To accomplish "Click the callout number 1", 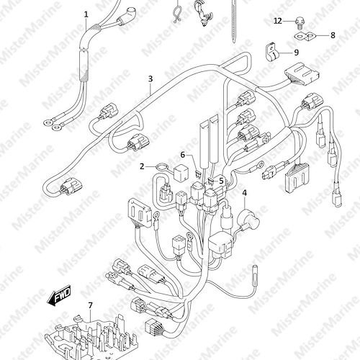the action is pos(86,14).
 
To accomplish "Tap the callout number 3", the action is pos(150,78).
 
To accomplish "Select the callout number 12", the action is pos(278,21).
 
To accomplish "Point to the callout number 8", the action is pos(333,35).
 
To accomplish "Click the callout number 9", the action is pos(296,52).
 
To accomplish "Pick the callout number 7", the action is pos(90,305).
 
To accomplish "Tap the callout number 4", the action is pos(244,193).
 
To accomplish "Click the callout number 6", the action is pos(183,155).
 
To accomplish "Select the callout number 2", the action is pos(142,166).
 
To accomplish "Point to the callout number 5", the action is pos(221,181).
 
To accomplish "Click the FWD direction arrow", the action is pos(59,295).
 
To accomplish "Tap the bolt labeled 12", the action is pos(299,22).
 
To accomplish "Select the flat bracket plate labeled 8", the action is pos(305,37).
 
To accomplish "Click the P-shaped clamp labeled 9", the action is pos(271,53).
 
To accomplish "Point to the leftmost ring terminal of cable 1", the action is pos(48,122).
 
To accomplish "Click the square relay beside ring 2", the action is pos(180,171).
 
